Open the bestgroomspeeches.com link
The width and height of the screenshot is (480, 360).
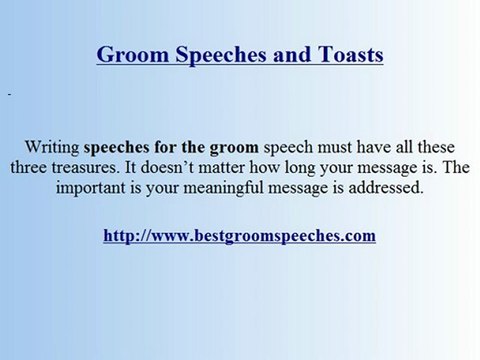pos(239,236)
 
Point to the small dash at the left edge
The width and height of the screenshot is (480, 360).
pos(8,95)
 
